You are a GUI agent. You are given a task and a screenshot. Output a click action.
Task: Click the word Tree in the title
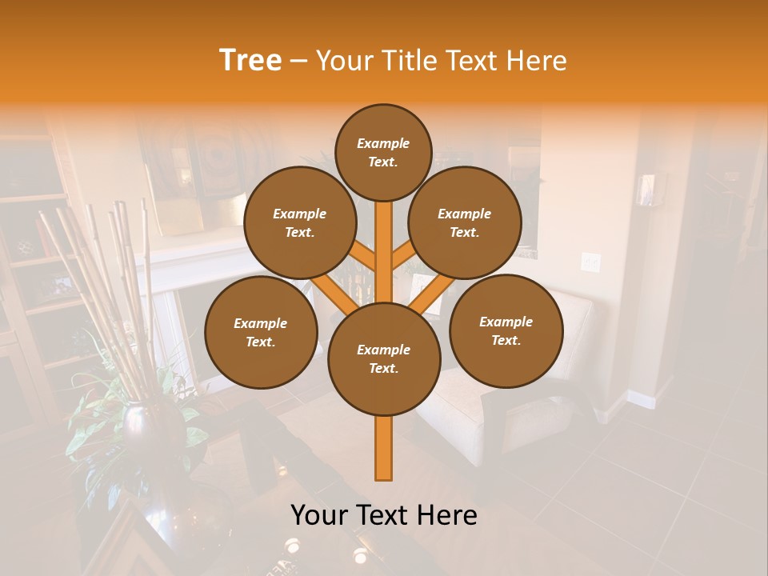(x=250, y=61)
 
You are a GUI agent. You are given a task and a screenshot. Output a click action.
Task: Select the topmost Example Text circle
(x=383, y=152)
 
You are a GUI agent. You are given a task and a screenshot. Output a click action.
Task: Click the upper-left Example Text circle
(x=300, y=223)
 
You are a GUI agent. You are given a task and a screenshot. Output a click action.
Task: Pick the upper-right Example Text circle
(x=465, y=223)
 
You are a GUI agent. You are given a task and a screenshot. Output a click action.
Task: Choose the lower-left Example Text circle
(x=261, y=333)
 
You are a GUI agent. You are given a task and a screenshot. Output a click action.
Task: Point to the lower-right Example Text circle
(x=506, y=331)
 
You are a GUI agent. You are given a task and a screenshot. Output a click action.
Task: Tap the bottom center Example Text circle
(x=384, y=359)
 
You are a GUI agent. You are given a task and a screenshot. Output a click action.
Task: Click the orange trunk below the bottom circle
(x=384, y=448)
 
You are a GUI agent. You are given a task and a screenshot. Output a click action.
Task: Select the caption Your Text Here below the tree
(x=384, y=515)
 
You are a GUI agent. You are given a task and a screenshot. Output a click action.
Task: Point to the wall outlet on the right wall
(x=590, y=261)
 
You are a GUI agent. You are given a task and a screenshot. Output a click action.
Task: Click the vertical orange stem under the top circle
(x=384, y=240)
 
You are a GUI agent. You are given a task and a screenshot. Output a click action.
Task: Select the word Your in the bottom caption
(x=318, y=515)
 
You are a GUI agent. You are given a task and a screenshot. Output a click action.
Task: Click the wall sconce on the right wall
(x=646, y=190)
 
